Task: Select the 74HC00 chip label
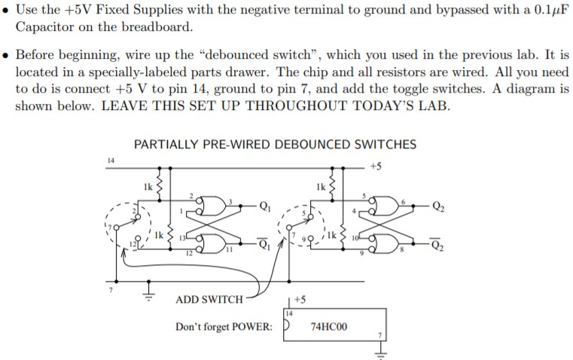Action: point(328,326)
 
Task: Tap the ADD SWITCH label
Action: point(209,300)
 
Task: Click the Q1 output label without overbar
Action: point(265,206)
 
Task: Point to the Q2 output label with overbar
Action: point(438,244)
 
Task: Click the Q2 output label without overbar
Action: point(438,206)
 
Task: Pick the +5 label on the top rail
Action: point(376,166)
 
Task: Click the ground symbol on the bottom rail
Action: point(148,291)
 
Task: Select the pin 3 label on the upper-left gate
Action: point(230,202)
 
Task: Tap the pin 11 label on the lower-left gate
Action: point(229,250)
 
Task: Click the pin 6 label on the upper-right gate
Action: point(403,202)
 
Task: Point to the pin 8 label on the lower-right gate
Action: point(401,250)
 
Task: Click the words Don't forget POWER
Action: point(224,326)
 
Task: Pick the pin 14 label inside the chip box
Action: point(289,313)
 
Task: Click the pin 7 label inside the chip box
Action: point(379,335)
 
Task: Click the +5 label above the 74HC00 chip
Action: point(300,300)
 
